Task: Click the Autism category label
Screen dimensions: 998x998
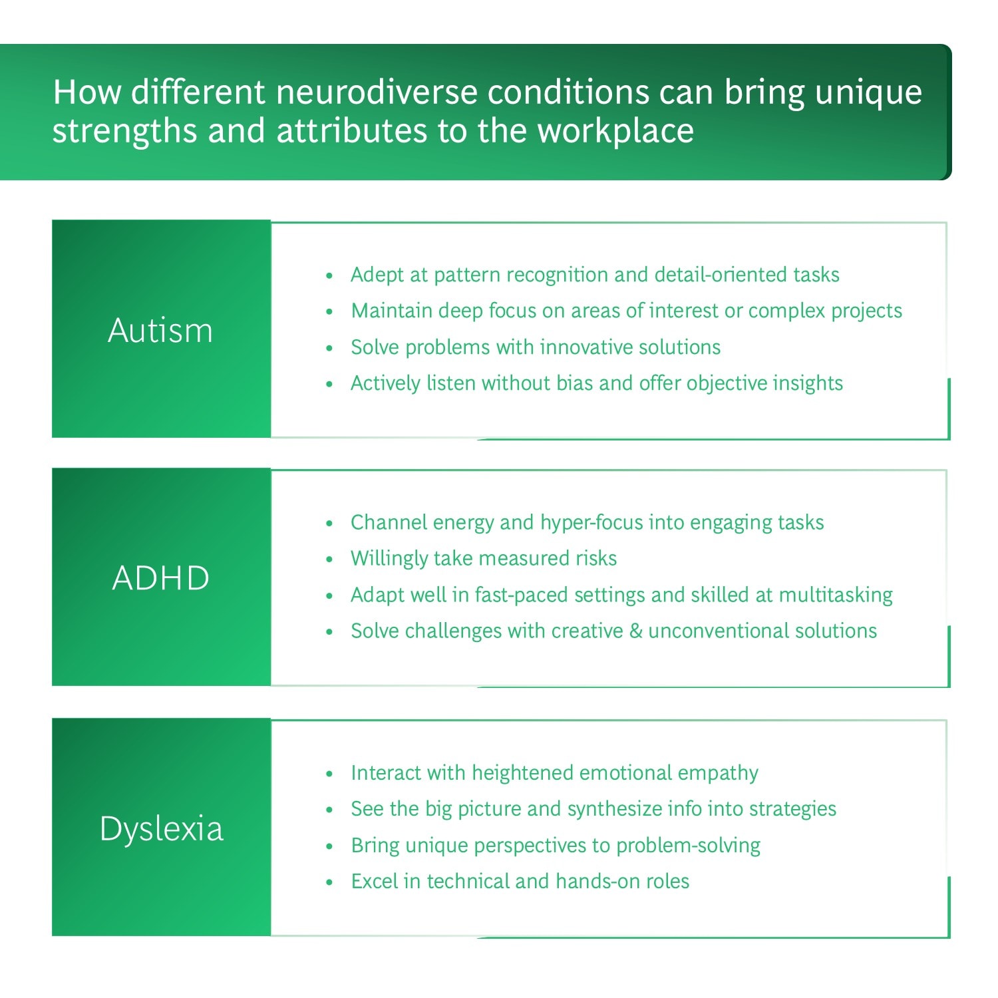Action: tap(160, 330)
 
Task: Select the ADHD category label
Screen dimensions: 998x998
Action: tap(161, 578)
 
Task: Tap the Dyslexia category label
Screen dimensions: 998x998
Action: tap(162, 829)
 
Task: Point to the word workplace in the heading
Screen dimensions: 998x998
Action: tap(615, 130)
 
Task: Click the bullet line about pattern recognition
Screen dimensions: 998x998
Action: tap(595, 274)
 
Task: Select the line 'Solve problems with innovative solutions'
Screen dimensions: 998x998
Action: tap(536, 347)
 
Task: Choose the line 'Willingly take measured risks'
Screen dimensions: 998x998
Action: tap(484, 558)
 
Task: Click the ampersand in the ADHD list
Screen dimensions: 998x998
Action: tap(635, 631)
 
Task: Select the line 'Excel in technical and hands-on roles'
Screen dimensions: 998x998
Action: tap(520, 881)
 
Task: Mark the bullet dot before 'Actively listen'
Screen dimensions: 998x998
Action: tap(329, 384)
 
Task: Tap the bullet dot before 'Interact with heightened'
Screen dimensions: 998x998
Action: tap(329, 774)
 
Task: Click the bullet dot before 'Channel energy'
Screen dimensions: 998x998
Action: tap(329, 524)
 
